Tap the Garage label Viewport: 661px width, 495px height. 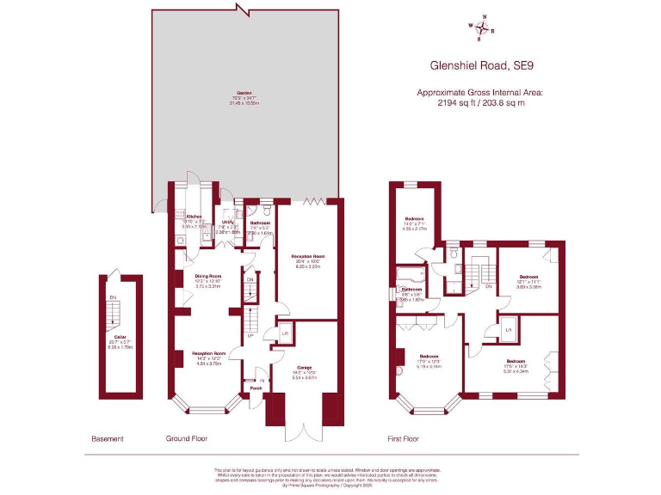[x=305, y=366]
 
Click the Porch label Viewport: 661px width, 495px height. [x=256, y=388]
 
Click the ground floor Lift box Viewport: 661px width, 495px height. [x=285, y=332]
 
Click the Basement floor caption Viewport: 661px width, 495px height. [x=108, y=438]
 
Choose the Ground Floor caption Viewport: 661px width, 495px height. [x=187, y=438]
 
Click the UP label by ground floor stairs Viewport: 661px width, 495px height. [x=250, y=336]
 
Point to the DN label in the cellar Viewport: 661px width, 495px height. [x=113, y=298]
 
